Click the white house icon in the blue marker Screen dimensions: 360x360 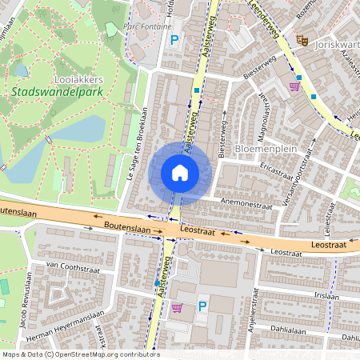coord(180,173)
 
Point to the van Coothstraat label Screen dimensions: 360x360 coord(71,265)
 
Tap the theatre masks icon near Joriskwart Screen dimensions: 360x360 coord(302,39)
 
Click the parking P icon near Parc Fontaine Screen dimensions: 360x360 coord(174,39)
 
